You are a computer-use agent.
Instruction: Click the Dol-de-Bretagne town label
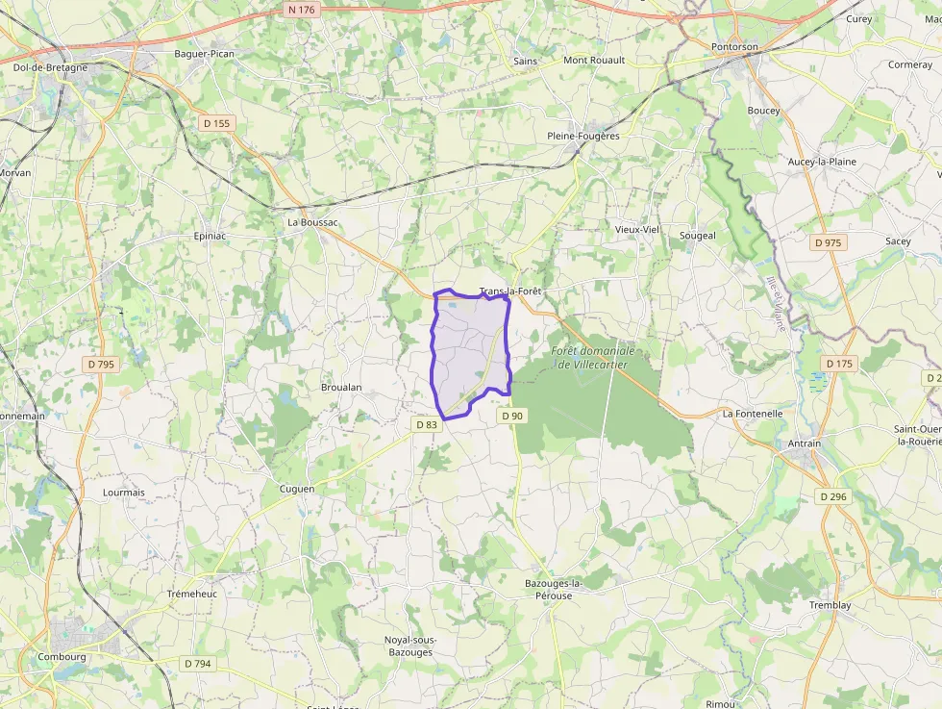pyautogui.click(x=50, y=68)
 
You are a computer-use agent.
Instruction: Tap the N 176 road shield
pyautogui.click(x=301, y=10)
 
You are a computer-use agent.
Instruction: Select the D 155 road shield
pyautogui.click(x=218, y=123)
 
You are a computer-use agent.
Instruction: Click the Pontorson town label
pyautogui.click(x=734, y=46)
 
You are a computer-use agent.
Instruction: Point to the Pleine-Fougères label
pyautogui.click(x=583, y=136)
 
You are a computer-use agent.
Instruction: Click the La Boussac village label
pyautogui.click(x=313, y=221)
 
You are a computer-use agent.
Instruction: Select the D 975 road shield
pyautogui.click(x=827, y=242)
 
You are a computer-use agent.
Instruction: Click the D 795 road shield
pyautogui.click(x=100, y=364)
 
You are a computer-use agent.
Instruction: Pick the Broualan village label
pyautogui.click(x=341, y=387)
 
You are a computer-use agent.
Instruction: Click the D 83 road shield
pyautogui.click(x=426, y=424)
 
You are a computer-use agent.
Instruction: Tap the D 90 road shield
pyautogui.click(x=511, y=416)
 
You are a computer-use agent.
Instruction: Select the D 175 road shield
pyautogui.click(x=839, y=364)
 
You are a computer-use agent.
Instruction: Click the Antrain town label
pyautogui.click(x=805, y=443)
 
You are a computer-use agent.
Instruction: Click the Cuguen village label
pyautogui.click(x=296, y=489)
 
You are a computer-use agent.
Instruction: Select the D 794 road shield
pyautogui.click(x=198, y=663)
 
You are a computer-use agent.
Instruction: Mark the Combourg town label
pyautogui.click(x=62, y=657)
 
